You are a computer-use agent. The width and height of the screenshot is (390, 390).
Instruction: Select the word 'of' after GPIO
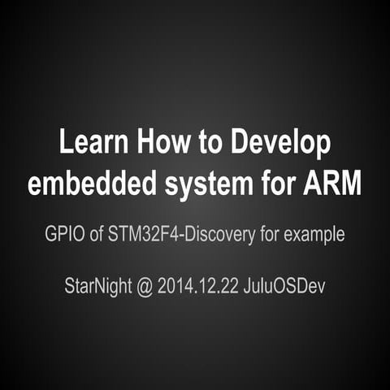click(x=97, y=235)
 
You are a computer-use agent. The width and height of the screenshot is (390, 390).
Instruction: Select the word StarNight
click(x=97, y=288)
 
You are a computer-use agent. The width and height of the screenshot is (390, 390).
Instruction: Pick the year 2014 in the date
click(x=175, y=288)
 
